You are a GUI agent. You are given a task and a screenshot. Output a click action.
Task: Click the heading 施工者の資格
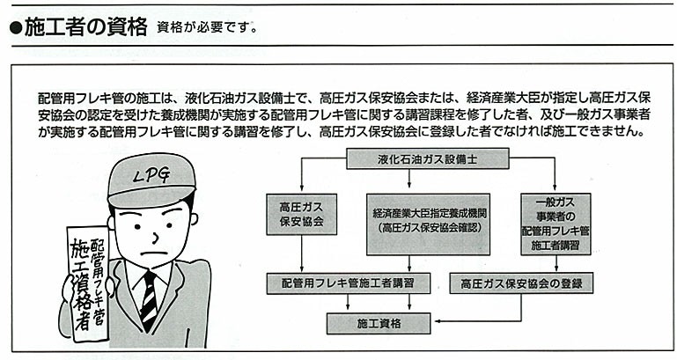pos(85,26)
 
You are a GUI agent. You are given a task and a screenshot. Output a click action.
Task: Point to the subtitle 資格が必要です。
pos(208,27)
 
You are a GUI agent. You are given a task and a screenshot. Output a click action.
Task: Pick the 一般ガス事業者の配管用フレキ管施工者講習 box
pos(556,224)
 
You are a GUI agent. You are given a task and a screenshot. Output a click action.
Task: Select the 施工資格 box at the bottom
pos(379,323)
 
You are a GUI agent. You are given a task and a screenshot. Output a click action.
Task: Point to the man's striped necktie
pos(150,299)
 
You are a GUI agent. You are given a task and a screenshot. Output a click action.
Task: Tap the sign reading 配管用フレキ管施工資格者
pos(86,282)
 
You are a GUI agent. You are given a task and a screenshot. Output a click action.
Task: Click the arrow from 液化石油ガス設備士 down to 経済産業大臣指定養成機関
pos(409,181)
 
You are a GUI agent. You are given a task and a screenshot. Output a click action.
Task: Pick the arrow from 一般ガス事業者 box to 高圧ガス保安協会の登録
pos(555,264)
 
